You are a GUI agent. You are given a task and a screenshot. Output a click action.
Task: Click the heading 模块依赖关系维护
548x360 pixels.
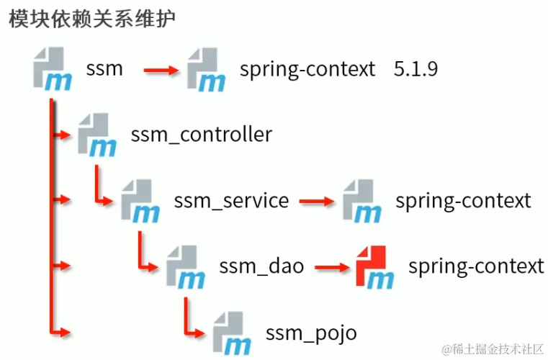tap(91, 19)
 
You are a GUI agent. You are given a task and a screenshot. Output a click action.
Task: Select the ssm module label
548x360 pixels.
tap(104, 69)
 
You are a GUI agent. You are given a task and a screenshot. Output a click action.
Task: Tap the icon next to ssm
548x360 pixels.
tap(52, 68)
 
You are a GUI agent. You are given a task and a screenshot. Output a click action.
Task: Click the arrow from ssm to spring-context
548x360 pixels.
tap(161, 70)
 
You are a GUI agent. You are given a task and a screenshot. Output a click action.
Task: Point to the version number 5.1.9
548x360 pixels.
tap(416, 69)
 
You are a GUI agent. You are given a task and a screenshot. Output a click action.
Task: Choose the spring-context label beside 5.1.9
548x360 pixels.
tap(307, 69)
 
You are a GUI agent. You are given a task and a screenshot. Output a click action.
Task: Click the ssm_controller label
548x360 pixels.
tap(202, 134)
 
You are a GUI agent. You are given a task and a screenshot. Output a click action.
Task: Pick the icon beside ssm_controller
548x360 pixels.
tap(97, 134)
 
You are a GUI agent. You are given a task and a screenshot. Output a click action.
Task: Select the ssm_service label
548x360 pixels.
tap(231, 201)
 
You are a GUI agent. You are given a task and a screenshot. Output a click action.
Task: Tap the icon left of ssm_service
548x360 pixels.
tap(140, 201)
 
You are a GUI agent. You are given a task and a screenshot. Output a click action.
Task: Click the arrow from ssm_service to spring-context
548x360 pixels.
tap(316, 201)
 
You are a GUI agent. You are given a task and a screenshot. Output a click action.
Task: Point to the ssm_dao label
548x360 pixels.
tap(261, 266)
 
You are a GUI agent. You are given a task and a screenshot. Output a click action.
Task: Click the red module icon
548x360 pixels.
tap(374, 266)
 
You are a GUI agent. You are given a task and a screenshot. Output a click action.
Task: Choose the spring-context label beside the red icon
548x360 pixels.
tap(476, 266)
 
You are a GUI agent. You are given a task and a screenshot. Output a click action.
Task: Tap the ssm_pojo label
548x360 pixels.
tap(311, 333)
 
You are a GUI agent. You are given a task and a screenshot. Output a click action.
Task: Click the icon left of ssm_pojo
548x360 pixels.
tap(232, 332)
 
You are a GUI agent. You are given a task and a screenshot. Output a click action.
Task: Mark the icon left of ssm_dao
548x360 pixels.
tap(186, 266)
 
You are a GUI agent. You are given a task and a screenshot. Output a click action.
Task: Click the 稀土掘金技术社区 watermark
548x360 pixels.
tap(493, 349)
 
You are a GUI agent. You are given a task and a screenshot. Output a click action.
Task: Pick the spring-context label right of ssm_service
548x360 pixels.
tap(463, 201)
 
